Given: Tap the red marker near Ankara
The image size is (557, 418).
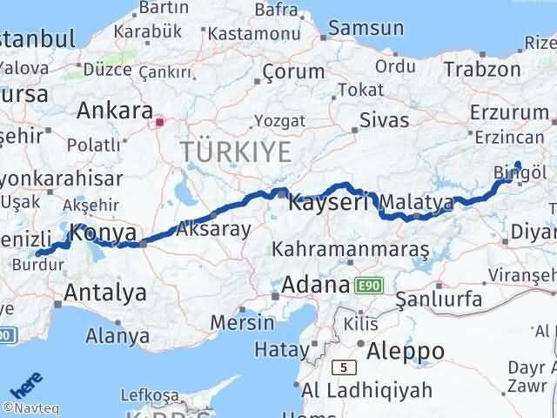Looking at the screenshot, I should click(158, 123).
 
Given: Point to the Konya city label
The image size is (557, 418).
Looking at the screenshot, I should click(103, 233).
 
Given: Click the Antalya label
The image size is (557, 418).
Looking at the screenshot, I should click(104, 293).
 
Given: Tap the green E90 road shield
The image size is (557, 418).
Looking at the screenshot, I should click(366, 285).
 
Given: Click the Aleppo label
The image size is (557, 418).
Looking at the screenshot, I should click(406, 351).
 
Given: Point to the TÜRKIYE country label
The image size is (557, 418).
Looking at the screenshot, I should click(236, 152).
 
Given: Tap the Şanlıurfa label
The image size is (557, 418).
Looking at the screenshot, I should click(439, 299).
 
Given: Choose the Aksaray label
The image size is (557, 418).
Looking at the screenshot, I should click(213, 230).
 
